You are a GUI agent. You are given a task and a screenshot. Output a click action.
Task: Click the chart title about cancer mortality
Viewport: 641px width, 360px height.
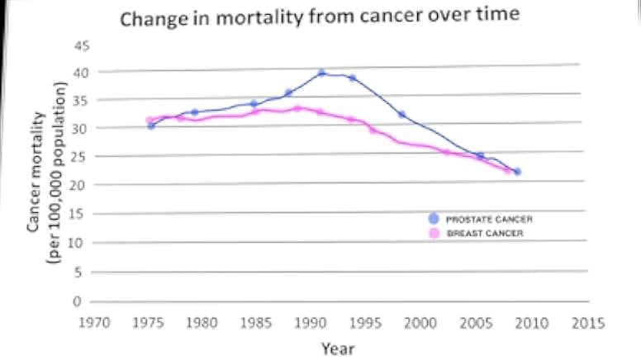320,18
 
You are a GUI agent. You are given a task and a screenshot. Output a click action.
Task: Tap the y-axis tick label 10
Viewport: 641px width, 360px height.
79,242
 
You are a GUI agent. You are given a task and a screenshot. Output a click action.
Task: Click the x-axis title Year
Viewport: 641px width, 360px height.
338,348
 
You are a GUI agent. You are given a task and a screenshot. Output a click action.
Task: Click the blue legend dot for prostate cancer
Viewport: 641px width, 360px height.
433,219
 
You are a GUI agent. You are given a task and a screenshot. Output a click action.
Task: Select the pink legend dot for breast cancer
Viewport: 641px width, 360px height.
433,234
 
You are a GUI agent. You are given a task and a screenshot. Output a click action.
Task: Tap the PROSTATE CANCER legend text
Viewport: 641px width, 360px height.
489,220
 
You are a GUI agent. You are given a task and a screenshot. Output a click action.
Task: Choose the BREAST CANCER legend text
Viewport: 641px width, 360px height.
485,234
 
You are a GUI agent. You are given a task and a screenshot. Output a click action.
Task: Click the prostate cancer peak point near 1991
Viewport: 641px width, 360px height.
322,73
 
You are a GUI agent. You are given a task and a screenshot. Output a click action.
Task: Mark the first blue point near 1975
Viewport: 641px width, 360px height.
151,126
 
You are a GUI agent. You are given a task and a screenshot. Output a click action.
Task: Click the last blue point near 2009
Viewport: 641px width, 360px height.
516,172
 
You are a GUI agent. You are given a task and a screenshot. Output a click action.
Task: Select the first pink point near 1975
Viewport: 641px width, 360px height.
150,121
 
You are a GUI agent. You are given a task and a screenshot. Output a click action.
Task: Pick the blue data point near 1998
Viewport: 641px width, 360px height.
401,115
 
